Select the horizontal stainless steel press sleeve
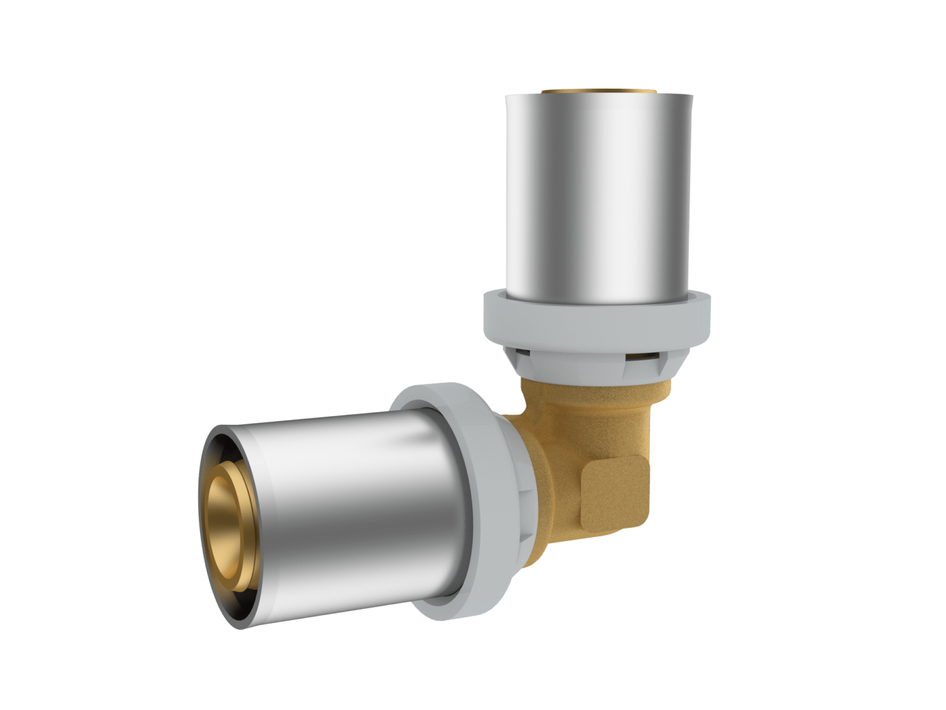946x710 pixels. [331, 503]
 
